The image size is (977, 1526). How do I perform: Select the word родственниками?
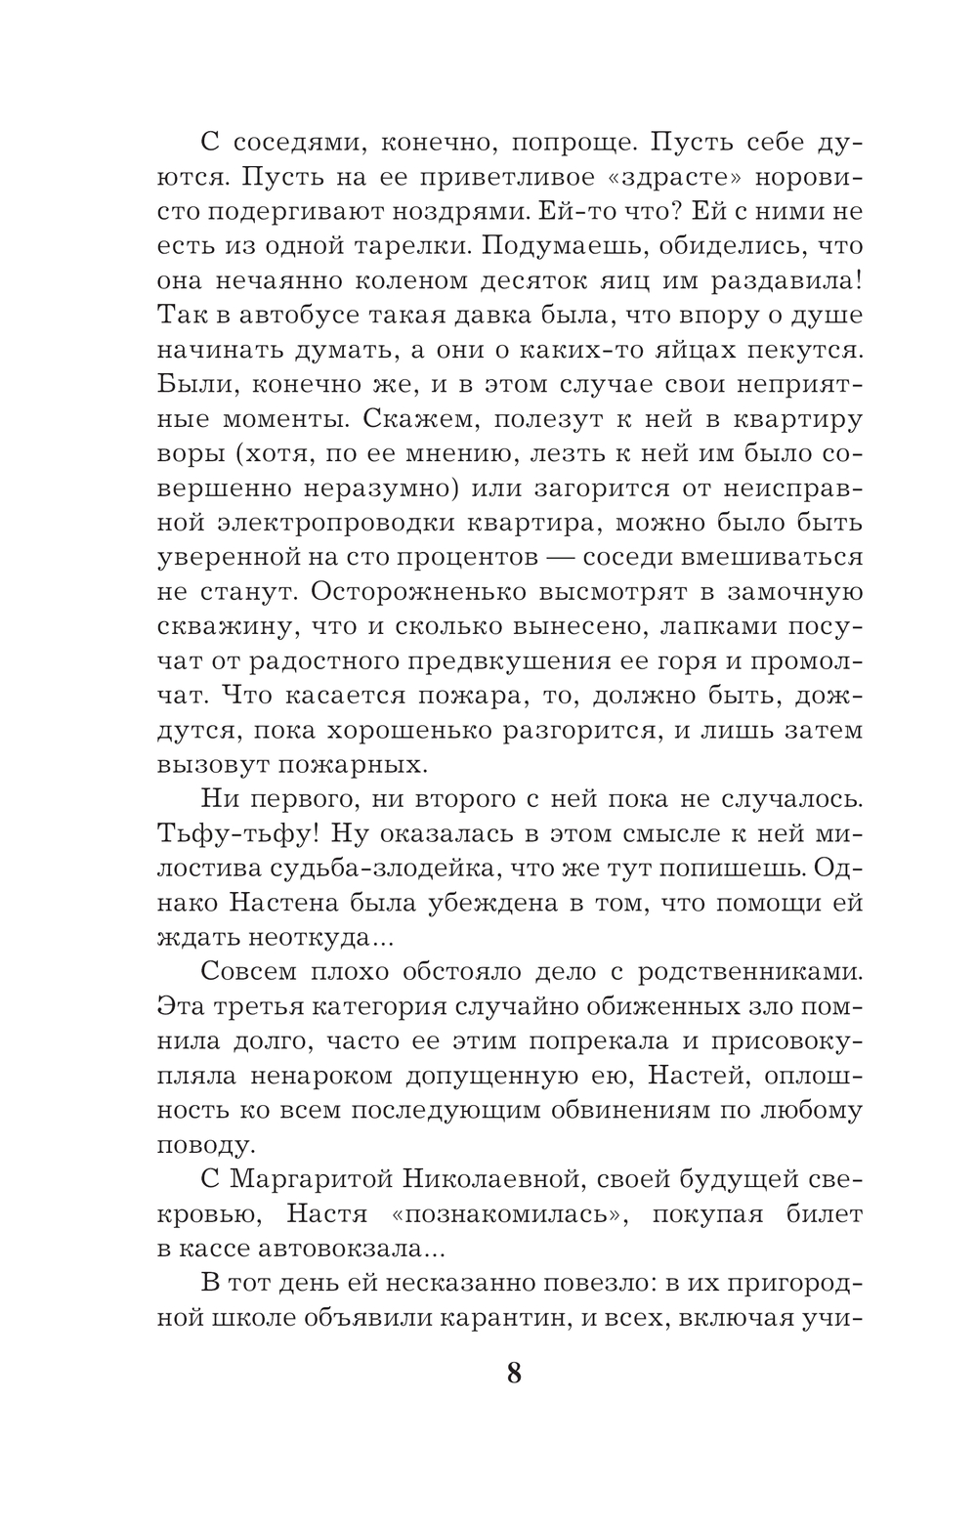tap(748, 972)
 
